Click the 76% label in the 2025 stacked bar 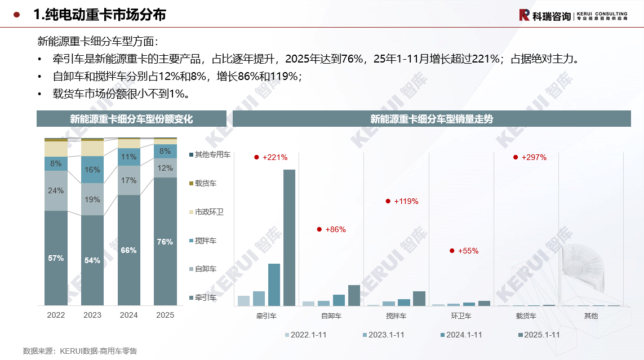[165, 242]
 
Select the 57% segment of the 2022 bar [56, 258]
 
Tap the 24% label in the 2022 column [56, 190]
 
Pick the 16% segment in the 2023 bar [92, 170]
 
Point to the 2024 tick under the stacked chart [128, 315]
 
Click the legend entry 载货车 [205, 183]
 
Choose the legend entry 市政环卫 [209, 212]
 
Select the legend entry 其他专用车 [212, 154]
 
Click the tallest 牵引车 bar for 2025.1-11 [289, 237]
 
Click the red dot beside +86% [319, 229]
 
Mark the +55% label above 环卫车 [468, 251]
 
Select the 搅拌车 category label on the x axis [396, 316]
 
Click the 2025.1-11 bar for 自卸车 [354, 295]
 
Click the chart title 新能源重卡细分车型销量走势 [432, 119]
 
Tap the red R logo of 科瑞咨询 [524, 15]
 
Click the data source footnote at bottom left [80, 351]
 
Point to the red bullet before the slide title [17, 15]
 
